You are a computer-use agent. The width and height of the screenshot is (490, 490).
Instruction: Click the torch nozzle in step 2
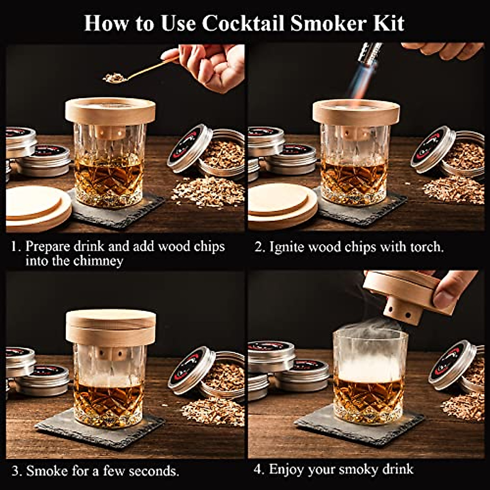369,53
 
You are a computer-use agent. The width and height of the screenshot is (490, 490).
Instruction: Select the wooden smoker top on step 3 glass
111,327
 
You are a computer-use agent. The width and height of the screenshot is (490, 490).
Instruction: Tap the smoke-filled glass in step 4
370,376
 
